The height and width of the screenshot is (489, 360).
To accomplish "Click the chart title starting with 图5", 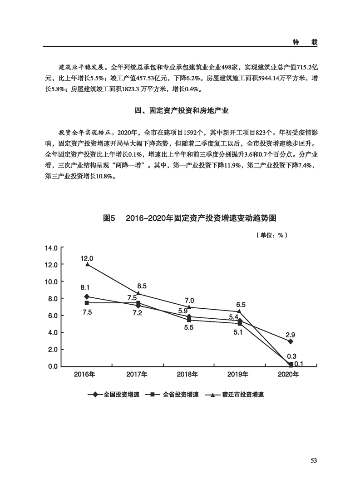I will tap(190, 218).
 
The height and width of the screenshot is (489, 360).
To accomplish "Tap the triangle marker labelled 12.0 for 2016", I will tap(87, 264).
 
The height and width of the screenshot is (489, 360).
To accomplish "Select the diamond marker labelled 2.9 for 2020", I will tap(291, 341).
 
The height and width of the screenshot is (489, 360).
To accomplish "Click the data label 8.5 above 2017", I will tap(142, 286).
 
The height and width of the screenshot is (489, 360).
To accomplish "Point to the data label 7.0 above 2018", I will tap(189, 300).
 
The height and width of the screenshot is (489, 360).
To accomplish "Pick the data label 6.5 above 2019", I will tap(241, 304).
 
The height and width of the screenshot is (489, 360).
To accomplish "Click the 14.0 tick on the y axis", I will tap(50, 248).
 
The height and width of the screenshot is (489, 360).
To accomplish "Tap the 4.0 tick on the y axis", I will tap(52, 332).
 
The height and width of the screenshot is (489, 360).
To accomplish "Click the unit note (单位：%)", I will tap(272, 235).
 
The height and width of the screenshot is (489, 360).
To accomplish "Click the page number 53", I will tap(313, 460).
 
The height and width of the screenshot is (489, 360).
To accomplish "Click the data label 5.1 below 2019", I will tap(237, 332).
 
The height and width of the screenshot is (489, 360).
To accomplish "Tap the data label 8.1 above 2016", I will tap(85, 287).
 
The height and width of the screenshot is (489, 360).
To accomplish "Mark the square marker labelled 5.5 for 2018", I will tap(189, 320).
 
